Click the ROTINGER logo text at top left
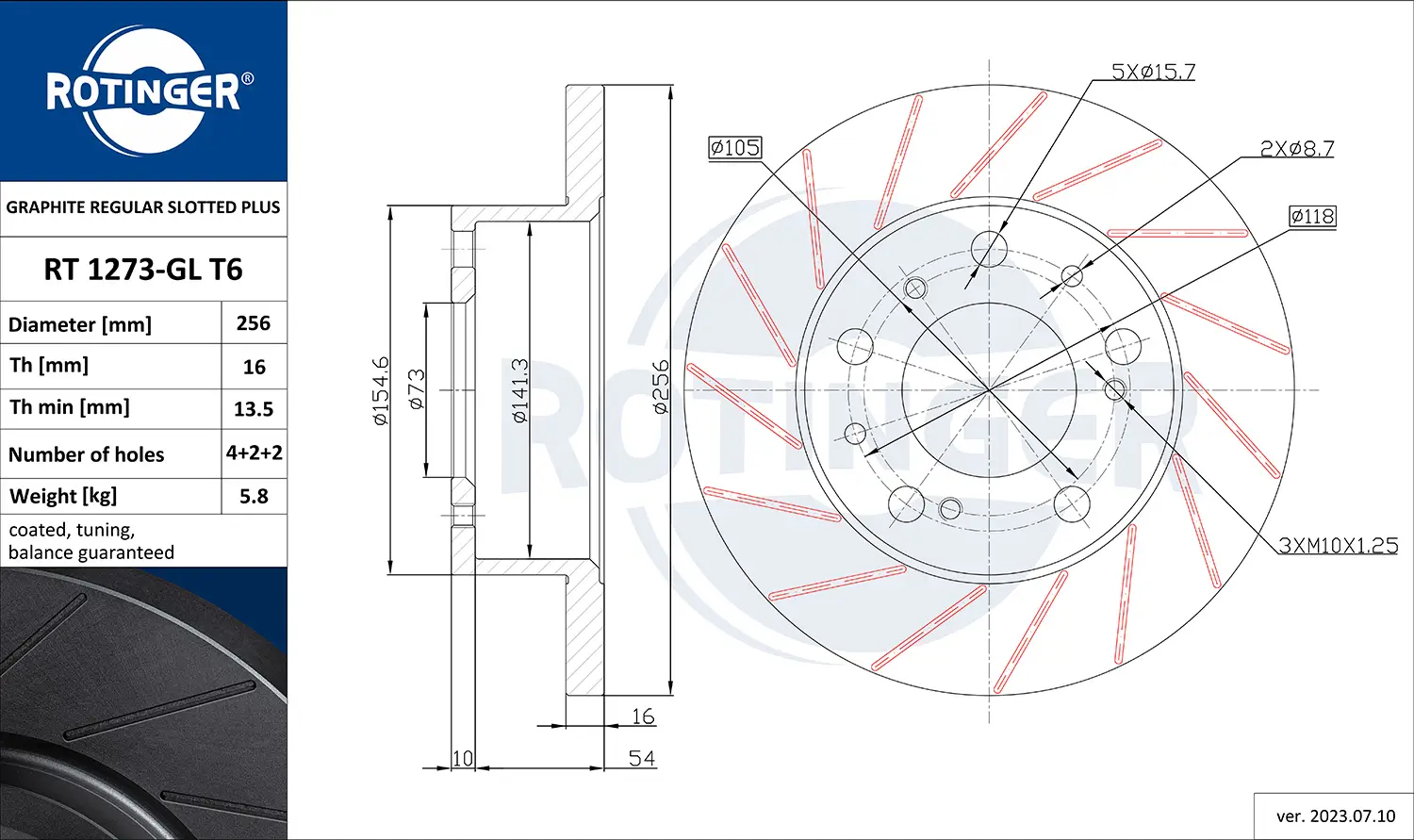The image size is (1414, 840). pyautogui.click(x=143, y=91)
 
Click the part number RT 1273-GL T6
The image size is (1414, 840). pyautogui.click(x=143, y=270)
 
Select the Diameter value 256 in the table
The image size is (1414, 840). pyautogui.click(x=254, y=323)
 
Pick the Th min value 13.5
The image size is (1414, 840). pyautogui.click(x=254, y=409)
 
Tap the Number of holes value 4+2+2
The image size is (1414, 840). pyautogui.click(x=254, y=453)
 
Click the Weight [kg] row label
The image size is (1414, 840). pyautogui.click(x=63, y=496)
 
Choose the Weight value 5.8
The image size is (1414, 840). pyautogui.click(x=254, y=496)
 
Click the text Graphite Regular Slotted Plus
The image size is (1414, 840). pyautogui.click(x=143, y=207)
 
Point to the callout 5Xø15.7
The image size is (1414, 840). pyautogui.click(x=1153, y=72)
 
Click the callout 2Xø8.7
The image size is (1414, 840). pyautogui.click(x=1296, y=148)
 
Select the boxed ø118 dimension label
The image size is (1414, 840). pyautogui.click(x=1312, y=216)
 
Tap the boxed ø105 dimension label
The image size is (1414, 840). pyautogui.click(x=734, y=147)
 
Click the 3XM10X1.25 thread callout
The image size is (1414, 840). pyautogui.click(x=1338, y=545)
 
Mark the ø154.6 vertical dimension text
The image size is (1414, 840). pyautogui.click(x=380, y=390)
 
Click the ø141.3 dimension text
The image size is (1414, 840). pyautogui.click(x=519, y=389)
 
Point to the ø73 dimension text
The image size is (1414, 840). pyautogui.click(x=416, y=388)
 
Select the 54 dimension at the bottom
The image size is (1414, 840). pyautogui.click(x=642, y=758)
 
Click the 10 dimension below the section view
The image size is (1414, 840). pyautogui.click(x=462, y=758)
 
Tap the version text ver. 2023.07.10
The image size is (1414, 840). pyautogui.click(x=1335, y=815)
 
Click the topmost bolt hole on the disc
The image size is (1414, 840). pyautogui.click(x=989, y=248)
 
